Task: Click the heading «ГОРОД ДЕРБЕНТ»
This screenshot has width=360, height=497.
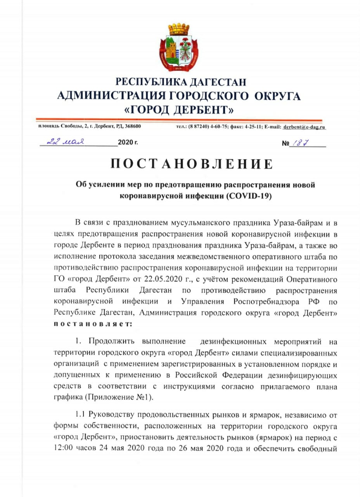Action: pyautogui.click(x=179, y=110)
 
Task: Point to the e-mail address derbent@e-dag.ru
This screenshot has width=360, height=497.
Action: pyautogui.click(x=305, y=127)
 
